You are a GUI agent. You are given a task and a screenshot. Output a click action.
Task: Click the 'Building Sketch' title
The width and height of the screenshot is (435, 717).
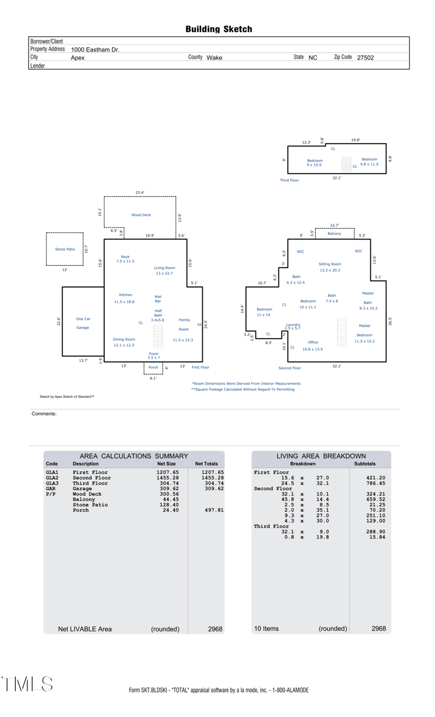point(219,29)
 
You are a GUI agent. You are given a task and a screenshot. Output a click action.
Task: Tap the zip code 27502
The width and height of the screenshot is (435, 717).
point(365,58)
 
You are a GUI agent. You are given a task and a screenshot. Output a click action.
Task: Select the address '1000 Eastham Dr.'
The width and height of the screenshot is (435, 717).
point(95,50)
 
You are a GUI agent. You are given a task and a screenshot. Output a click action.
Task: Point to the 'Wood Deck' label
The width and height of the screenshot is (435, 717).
point(141,215)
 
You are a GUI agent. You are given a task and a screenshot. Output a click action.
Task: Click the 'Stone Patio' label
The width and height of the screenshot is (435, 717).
point(65,249)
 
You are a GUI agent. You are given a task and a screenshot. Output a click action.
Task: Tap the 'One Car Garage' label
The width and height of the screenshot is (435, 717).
point(83,323)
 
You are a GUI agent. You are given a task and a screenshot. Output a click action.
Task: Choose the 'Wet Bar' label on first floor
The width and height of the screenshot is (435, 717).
point(158,299)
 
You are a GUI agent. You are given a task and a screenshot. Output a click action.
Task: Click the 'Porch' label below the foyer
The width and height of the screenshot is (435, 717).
point(153,367)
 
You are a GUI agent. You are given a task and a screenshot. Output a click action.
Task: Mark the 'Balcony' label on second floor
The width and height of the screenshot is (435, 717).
point(334,234)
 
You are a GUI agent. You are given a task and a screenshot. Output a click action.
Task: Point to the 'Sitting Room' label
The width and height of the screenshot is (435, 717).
point(330,264)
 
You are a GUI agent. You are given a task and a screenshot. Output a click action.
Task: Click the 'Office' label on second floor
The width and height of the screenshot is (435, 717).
point(313,342)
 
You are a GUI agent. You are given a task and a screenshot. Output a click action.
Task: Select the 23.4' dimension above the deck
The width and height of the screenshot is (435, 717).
point(140,192)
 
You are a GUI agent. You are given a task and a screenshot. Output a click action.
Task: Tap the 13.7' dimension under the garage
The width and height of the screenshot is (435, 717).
point(83,360)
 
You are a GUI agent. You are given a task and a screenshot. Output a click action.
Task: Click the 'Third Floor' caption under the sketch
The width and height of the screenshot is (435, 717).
point(289,180)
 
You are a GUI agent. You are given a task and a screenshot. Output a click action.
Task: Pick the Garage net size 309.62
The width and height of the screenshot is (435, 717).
point(169,488)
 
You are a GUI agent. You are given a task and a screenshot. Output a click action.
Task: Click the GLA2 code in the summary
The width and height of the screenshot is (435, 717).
point(52,477)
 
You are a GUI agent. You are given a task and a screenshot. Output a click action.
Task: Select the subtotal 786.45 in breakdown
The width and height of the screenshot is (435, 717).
point(376,483)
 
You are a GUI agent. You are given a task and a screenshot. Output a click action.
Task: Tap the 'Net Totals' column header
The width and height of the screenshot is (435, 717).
point(207,463)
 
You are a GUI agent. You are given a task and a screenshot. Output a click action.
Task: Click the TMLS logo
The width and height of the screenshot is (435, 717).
point(27,684)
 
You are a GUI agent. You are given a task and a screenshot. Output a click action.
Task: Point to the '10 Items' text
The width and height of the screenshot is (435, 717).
point(266,628)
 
